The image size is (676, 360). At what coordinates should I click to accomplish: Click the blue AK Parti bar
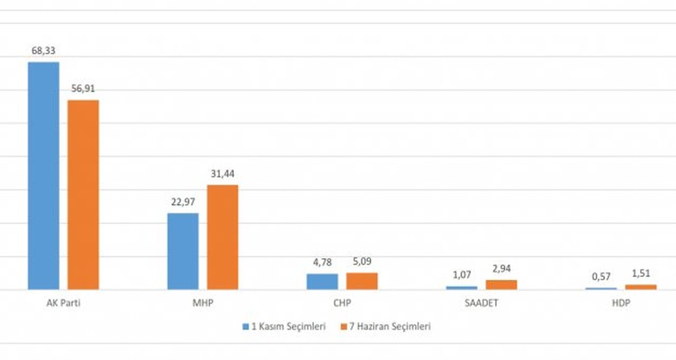click(43, 175)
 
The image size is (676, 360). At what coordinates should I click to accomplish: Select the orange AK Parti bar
click(83, 194)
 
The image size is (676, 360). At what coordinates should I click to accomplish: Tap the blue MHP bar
click(183, 251)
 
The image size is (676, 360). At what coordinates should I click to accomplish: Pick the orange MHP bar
click(222, 237)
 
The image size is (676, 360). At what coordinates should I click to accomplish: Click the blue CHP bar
click(322, 281)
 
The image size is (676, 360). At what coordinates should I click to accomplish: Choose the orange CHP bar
click(362, 281)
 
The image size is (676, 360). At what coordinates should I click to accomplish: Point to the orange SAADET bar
click(501, 285)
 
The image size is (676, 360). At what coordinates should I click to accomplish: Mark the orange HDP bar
click(641, 287)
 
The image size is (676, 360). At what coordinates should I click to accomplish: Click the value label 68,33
click(43, 51)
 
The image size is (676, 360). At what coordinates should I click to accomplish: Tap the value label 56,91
click(83, 89)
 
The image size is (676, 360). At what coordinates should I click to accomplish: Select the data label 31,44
click(222, 174)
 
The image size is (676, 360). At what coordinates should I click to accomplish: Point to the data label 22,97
click(183, 202)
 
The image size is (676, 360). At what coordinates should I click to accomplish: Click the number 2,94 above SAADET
click(501, 269)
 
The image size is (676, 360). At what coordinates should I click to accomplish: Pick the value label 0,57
click(601, 277)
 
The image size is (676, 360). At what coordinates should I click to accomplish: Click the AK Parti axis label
click(63, 304)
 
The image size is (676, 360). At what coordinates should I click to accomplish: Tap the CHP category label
click(342, 304)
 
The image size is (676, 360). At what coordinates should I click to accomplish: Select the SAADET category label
click(481, 304)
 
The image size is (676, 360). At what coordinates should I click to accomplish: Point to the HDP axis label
click(621, 304)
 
